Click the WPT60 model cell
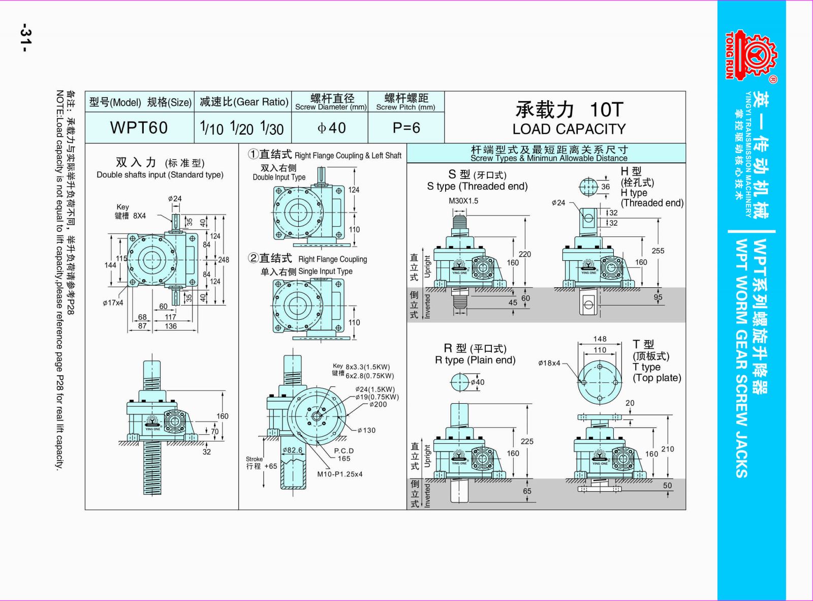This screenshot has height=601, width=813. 139,128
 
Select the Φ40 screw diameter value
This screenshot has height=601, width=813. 331,128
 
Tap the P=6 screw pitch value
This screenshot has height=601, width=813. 406,128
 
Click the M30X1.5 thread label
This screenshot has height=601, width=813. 463,201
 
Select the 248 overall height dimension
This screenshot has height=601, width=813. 224,259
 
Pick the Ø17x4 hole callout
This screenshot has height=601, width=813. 113,303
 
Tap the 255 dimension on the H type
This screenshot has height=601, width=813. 658,251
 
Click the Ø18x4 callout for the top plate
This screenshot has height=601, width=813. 549,363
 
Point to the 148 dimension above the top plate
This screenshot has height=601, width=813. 600,339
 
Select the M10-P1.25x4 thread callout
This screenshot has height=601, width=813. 340,474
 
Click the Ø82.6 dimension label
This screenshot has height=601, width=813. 292,450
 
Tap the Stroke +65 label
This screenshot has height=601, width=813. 262,463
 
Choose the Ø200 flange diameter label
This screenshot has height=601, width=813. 378,404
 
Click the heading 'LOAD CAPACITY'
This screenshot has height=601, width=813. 569,129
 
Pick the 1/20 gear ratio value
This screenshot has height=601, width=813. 242,128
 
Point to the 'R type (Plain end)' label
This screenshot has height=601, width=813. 475,360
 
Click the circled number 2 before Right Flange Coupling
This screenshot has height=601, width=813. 253,258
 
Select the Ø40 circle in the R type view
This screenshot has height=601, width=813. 459,381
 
